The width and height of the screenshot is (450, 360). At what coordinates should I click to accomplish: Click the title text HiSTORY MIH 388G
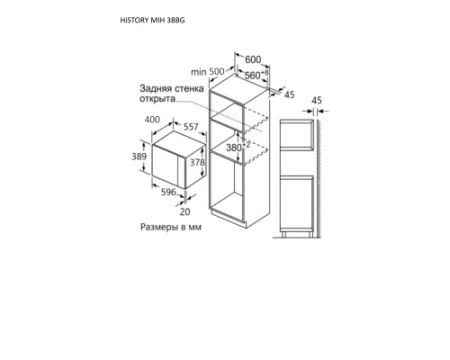(x=152, y=20)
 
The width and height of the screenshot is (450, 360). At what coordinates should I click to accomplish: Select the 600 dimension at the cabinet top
(x=253, y=60)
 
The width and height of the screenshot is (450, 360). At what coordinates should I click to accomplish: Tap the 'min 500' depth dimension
(x=208, y=72)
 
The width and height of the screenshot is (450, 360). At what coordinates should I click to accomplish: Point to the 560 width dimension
(x=256, y=75)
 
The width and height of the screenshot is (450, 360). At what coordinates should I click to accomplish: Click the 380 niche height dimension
(x=238, y=147)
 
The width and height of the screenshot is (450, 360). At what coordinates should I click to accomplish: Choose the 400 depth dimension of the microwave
(x=152, y=119)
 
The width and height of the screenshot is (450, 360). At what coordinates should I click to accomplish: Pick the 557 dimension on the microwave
(x=191, y=127)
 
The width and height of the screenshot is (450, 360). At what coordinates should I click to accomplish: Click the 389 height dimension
(x=139, y=156)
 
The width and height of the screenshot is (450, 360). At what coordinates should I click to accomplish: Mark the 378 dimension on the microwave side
(x=197, y=162)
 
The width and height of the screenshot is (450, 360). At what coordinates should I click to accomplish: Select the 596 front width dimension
(x=168, y=192)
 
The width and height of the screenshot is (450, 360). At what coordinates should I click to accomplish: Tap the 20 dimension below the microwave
(x=185, y=212)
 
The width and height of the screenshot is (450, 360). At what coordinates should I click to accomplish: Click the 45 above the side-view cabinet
(x=317, y=100)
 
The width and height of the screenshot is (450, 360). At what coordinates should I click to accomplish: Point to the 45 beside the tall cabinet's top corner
(x=289, y=95)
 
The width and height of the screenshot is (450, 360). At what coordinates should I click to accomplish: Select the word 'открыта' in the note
(x=157, y=99)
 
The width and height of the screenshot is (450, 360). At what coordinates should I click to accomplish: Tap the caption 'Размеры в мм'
(x=171, y=227)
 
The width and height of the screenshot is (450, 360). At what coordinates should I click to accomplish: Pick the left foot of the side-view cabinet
(x=284, y=234)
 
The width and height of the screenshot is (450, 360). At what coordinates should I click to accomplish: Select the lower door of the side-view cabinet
(x=297, y=203)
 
